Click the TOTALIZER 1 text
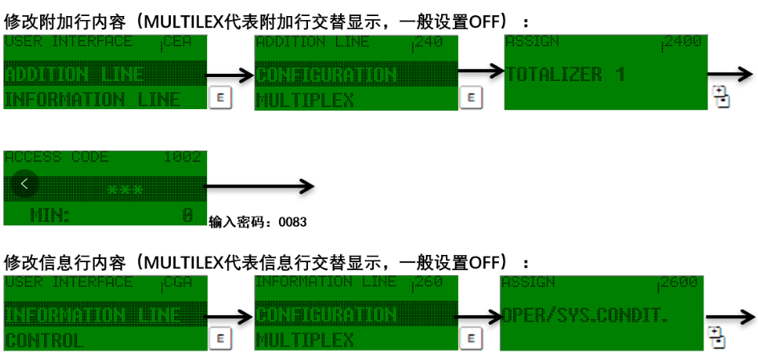pos(565,75)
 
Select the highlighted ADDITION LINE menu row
pos(75,75)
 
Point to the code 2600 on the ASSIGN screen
pos(680,283)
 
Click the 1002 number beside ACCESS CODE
pos(182,157)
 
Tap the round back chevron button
pos(25,184)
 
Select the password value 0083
pos(292,221)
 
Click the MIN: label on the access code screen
pos(50,215)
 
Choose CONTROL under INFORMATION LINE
pos(44,340)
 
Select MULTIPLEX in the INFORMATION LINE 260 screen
pos(305,340)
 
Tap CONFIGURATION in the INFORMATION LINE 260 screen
pos(326,314)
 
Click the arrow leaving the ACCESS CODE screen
pos(261,187)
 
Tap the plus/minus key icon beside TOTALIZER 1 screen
pos(719,97)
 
